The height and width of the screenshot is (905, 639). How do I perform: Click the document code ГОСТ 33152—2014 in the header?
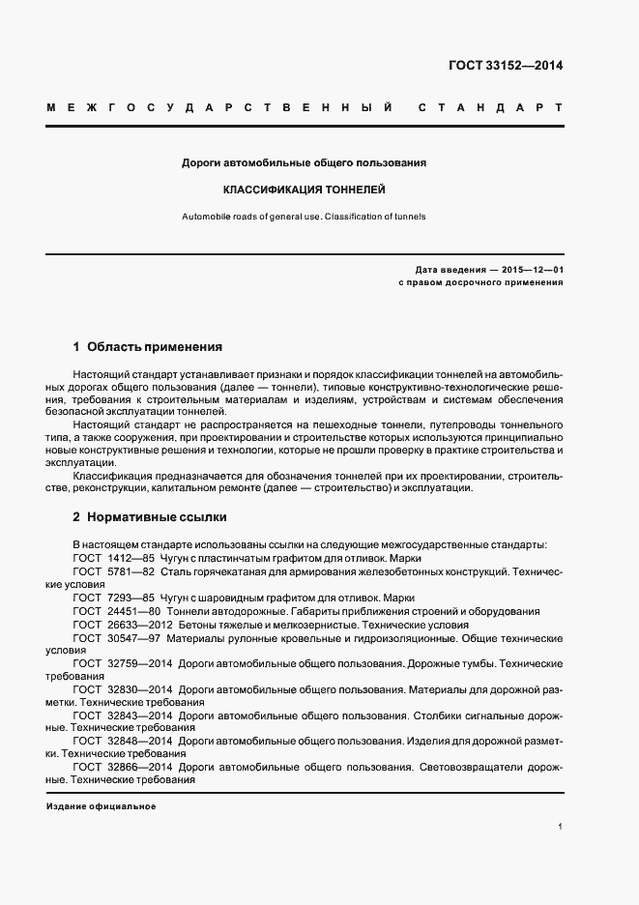click(x=507, y=67)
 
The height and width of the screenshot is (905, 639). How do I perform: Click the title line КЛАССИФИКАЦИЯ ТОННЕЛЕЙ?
click(x=305, y=190)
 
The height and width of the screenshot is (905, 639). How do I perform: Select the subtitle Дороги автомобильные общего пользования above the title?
click(x=305, y=162)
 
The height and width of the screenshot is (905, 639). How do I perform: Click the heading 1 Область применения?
click(x=148, y=345)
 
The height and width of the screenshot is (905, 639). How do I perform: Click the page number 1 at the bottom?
click(x=561, y=826)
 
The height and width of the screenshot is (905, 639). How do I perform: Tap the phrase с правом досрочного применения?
click(x=480, y=282)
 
